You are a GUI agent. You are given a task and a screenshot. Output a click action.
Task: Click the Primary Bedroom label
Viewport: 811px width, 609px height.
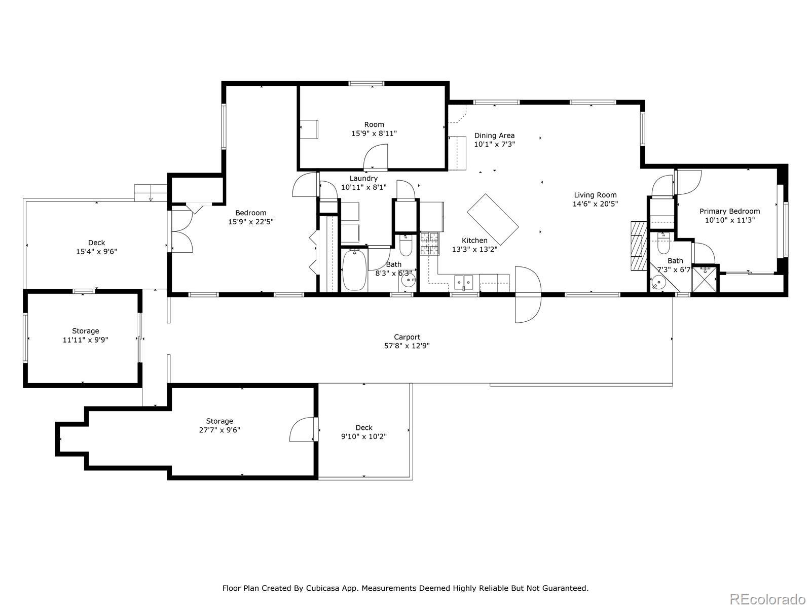coord(729,211)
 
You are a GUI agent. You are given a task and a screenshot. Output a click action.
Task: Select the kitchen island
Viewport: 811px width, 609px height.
coord(492,219)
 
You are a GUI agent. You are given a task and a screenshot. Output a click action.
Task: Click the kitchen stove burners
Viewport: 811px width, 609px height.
coord(429,243)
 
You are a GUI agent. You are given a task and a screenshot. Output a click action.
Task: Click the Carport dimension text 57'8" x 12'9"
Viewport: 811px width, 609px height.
coord(407,346)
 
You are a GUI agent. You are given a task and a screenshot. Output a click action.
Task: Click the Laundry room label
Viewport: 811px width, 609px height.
coord(363,178)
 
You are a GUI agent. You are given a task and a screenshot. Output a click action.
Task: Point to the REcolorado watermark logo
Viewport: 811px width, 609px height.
coord(768,599)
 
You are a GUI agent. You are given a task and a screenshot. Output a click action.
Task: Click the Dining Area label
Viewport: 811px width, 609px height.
coord(494,136)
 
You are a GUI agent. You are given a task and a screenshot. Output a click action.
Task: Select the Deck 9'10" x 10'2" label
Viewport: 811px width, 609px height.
coord(363,427)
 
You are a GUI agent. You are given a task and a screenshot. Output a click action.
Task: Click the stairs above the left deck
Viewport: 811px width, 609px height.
coord(151,193)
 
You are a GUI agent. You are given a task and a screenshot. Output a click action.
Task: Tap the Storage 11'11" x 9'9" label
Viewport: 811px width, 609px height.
coord(85,331)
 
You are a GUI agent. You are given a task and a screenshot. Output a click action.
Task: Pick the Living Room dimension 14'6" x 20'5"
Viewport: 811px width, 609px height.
coord(595,204)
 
